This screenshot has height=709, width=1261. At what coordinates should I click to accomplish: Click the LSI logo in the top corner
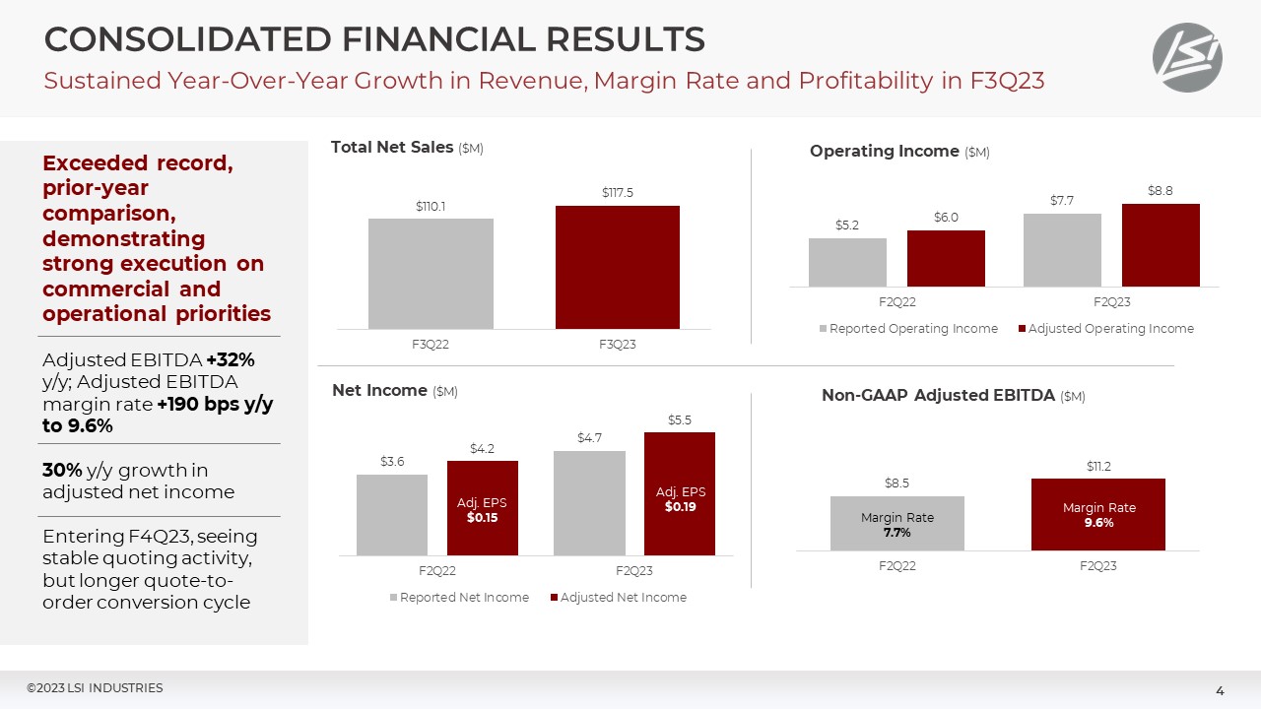tap(1187, 58)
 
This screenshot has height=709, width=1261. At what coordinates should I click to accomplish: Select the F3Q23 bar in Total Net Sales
tap(617, 267)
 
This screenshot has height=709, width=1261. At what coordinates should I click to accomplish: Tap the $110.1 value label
tap(431, 206)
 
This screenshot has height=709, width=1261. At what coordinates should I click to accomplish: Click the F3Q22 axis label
tap(431, 344)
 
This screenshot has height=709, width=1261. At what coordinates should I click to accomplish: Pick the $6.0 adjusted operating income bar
tap(946, 258)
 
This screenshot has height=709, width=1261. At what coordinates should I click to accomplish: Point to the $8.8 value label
tap(1160, 190)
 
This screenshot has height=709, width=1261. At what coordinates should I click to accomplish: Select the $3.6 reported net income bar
tap(391, 514)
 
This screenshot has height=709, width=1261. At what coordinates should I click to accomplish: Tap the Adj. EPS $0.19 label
tap(680, 499)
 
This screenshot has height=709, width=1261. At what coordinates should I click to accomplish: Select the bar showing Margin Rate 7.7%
tap(896, 523)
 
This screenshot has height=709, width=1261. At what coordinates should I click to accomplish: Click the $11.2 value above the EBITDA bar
tap(1097, 466)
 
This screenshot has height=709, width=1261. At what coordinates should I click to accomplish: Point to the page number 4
tap(1220, 691)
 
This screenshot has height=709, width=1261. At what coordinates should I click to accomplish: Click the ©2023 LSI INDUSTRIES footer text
tap(95, 688)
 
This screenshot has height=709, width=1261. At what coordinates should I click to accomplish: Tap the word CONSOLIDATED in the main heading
tap(185, 39)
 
